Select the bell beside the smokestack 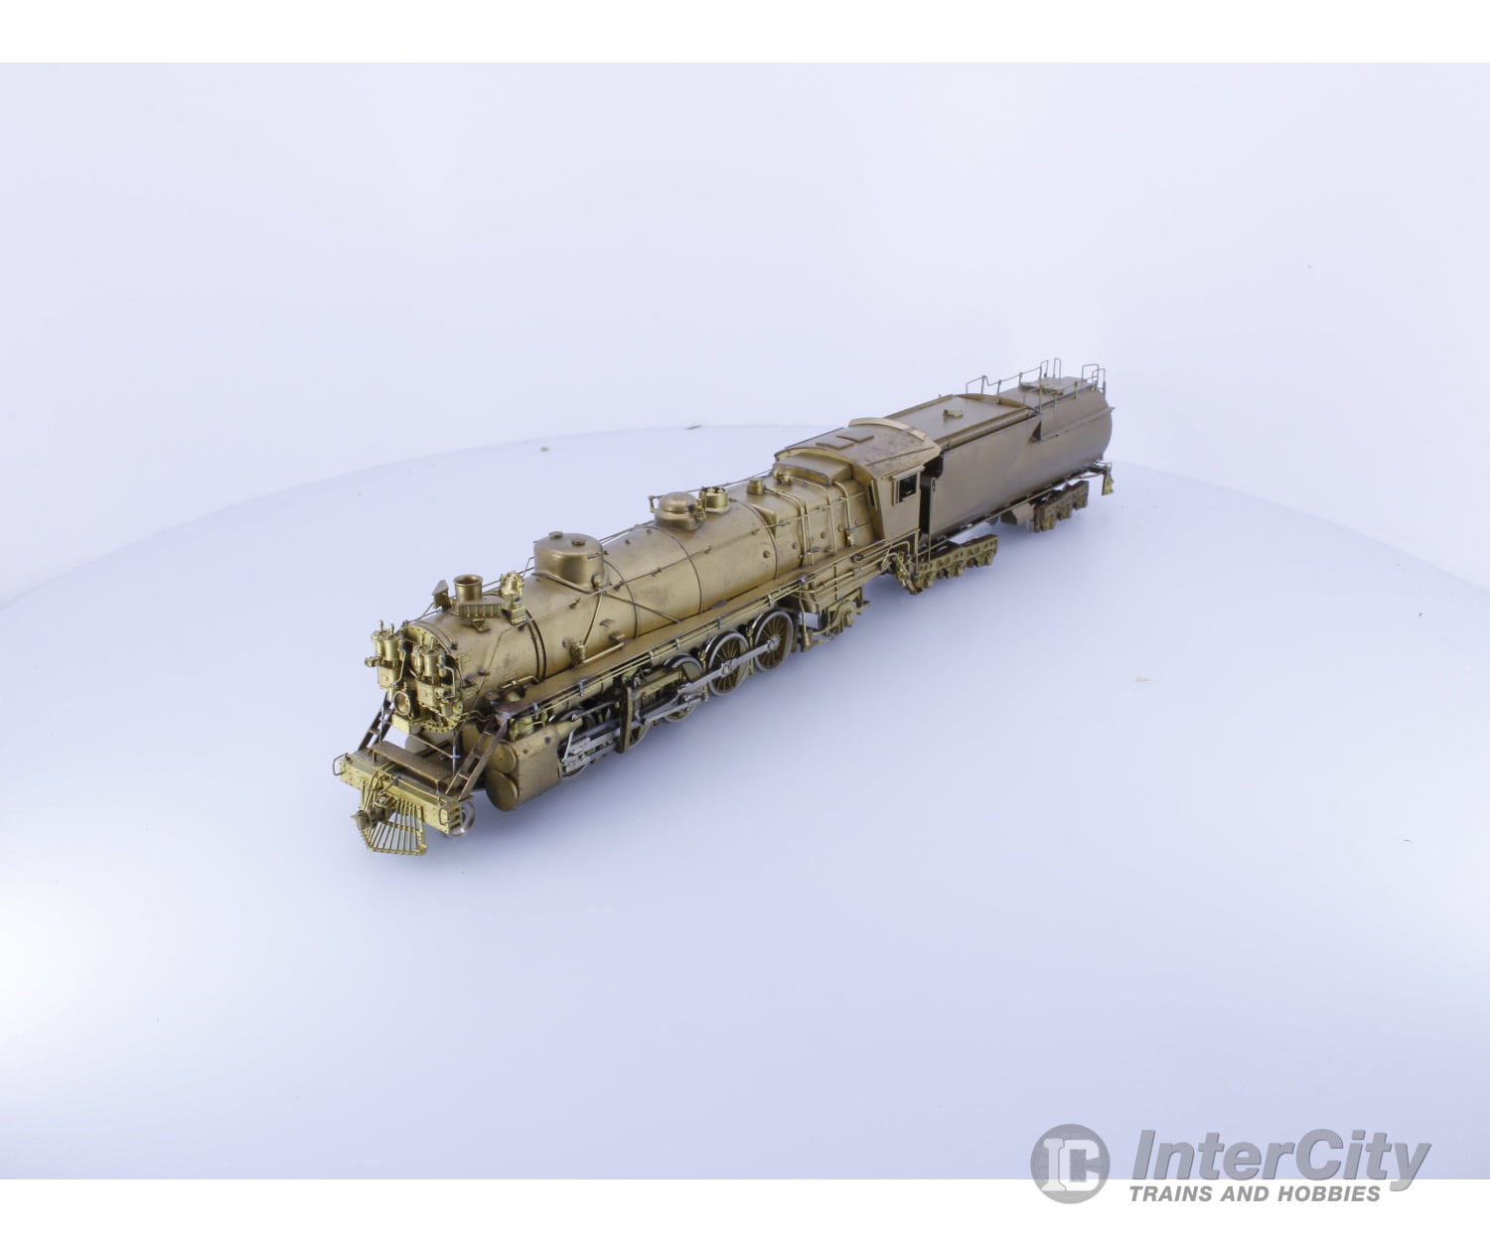coord(512,589)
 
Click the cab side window coord(906,487)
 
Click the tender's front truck coord(956,563)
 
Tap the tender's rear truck coord(1061,511)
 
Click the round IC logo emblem coord(1069,1164)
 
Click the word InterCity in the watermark coord(1281,1158)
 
